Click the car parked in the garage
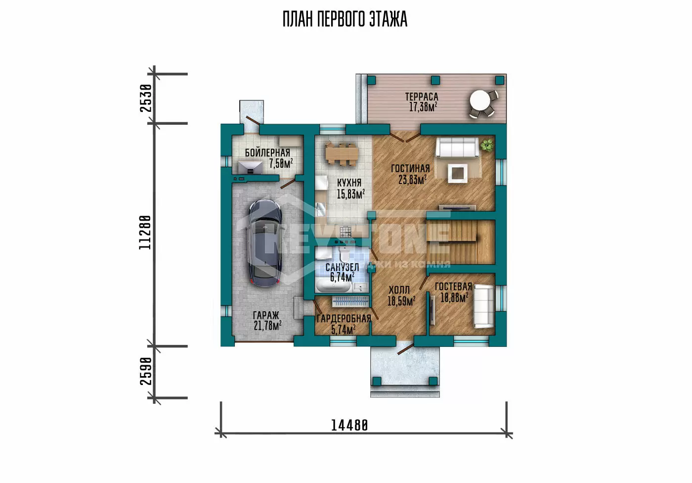click(265, 242)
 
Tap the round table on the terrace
click(480, 100)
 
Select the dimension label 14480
click(349, 426)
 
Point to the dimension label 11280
click(145, 233)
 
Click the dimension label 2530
click(146, 98)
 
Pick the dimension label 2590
click(146, 371)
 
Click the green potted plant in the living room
click(487, 145)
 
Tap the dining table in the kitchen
click(342, 154)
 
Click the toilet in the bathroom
click(344, 255)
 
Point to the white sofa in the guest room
click(484, 306)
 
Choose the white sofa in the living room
click(457, 147)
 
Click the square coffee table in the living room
click(458, 173)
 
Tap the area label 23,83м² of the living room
click(412, 179)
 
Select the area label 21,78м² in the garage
click(267, 325)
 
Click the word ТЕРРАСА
click(422, 97)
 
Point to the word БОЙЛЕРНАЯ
click(267, 153)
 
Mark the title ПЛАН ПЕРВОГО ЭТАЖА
click(345, 19)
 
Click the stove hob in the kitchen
click(346, 231)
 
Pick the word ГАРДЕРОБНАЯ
click(344, 319)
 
